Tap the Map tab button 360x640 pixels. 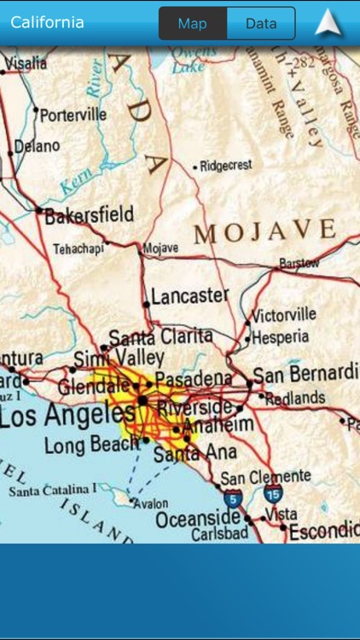[x=193, y=24]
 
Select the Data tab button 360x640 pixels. [x=261, y=24]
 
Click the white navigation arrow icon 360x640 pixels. [x=328, y=23]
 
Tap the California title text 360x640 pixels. [x=48, y=22]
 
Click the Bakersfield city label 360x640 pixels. [x=89, y=215]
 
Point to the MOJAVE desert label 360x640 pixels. [x=265, y=230]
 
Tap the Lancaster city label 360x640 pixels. [x=189, y=296]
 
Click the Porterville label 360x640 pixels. [x=73, y=114]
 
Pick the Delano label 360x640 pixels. [x=38, y=147]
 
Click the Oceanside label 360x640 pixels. [x=198, y=518]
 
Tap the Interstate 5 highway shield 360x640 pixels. [x=232, y=498]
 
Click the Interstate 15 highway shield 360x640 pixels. [x=273, y=493]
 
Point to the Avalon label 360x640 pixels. [x=152, y=503]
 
